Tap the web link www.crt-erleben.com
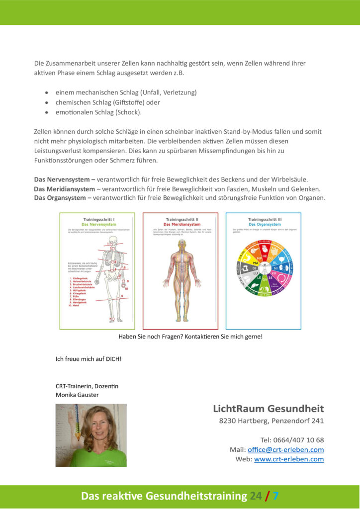(x=288, y=459)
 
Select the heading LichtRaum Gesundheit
(x=268, y=409)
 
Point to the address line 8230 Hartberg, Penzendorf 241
(x=271, y=421)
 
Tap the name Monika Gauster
(x=77, y=395)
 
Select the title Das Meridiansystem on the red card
(x=180, y=224)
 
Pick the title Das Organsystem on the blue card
(x=263, y=224)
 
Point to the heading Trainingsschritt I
(x=97, y=219)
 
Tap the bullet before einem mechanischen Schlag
(x=46, y=93)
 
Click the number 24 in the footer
(x=255, y=496)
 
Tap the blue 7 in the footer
(x=275, y=496)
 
